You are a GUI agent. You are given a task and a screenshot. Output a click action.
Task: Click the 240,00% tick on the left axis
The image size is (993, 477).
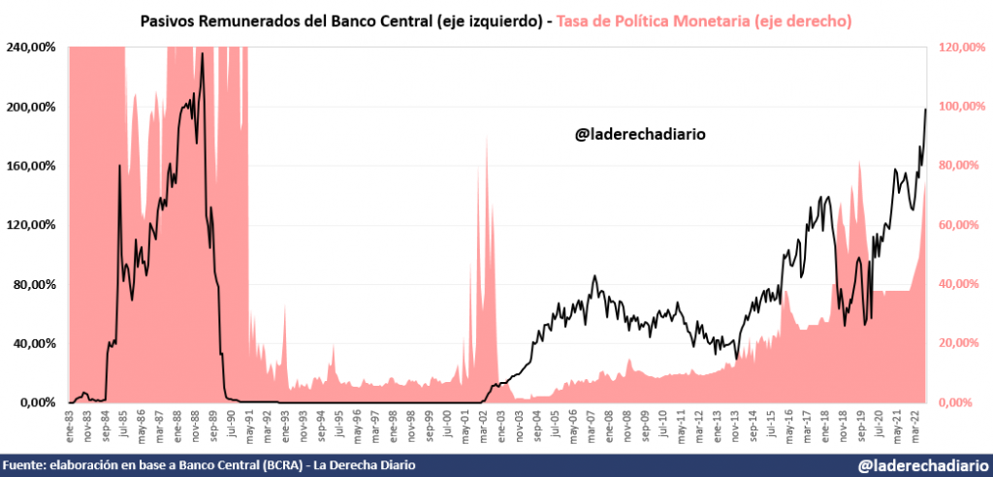pos(32,47)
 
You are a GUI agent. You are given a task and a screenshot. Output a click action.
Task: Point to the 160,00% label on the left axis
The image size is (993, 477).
pos(32,166)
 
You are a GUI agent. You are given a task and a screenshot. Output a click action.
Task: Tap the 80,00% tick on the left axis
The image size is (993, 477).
pos(35,284)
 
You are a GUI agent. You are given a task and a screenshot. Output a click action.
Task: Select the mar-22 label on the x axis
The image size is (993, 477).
pos(913,424)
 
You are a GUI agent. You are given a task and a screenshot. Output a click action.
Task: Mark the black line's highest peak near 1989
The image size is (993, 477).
pos(202,53)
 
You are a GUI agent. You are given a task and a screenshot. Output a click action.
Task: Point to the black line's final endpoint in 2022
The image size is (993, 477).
pos(925,109)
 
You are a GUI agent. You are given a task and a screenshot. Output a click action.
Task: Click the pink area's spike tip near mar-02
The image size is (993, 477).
pos(486,137)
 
